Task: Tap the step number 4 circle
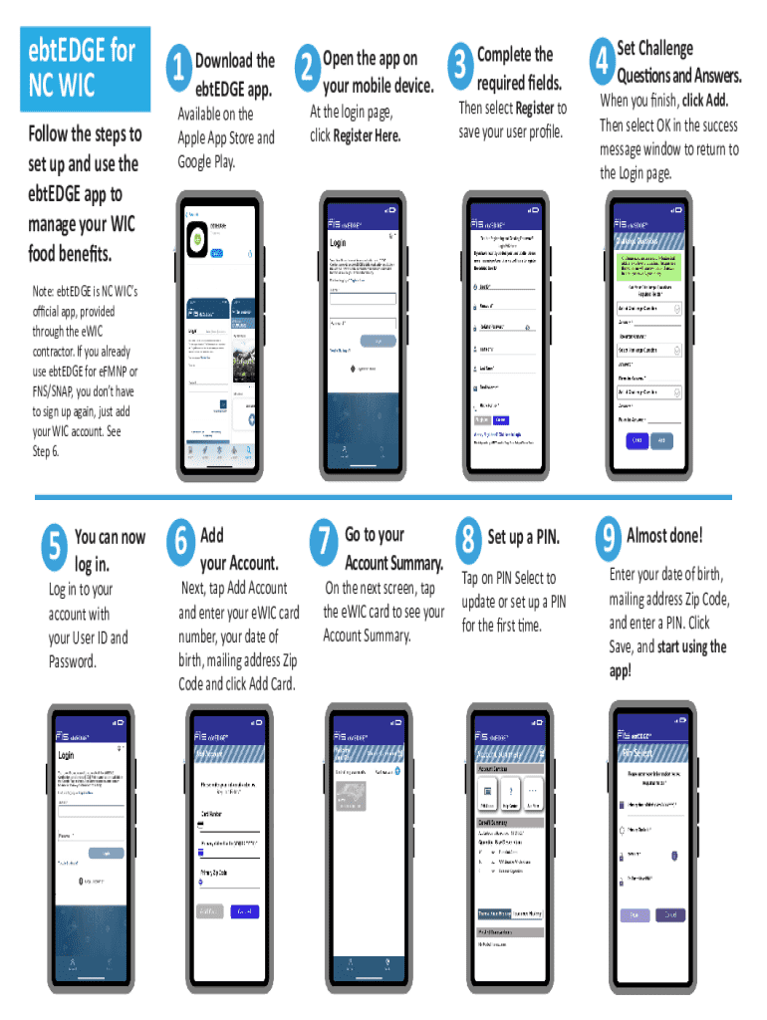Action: tap(601, 61)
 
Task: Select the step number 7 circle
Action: tap(324, 540)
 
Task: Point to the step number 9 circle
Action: tap(606, 539)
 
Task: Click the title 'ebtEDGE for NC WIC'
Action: tap(82, 67)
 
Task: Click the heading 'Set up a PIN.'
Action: tap(523, 538)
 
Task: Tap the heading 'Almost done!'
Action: tap(664, 535)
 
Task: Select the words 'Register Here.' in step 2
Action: tap(367, 135)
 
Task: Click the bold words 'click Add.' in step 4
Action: tap(704, 101)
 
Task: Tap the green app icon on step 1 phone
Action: tap(197, 240)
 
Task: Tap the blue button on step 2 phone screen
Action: tap(379, 341)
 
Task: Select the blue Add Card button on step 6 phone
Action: tap(244, 910)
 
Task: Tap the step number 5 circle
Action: tap(55, 543)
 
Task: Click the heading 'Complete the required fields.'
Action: tap(519, 68)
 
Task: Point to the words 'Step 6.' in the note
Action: tap(46, 451)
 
